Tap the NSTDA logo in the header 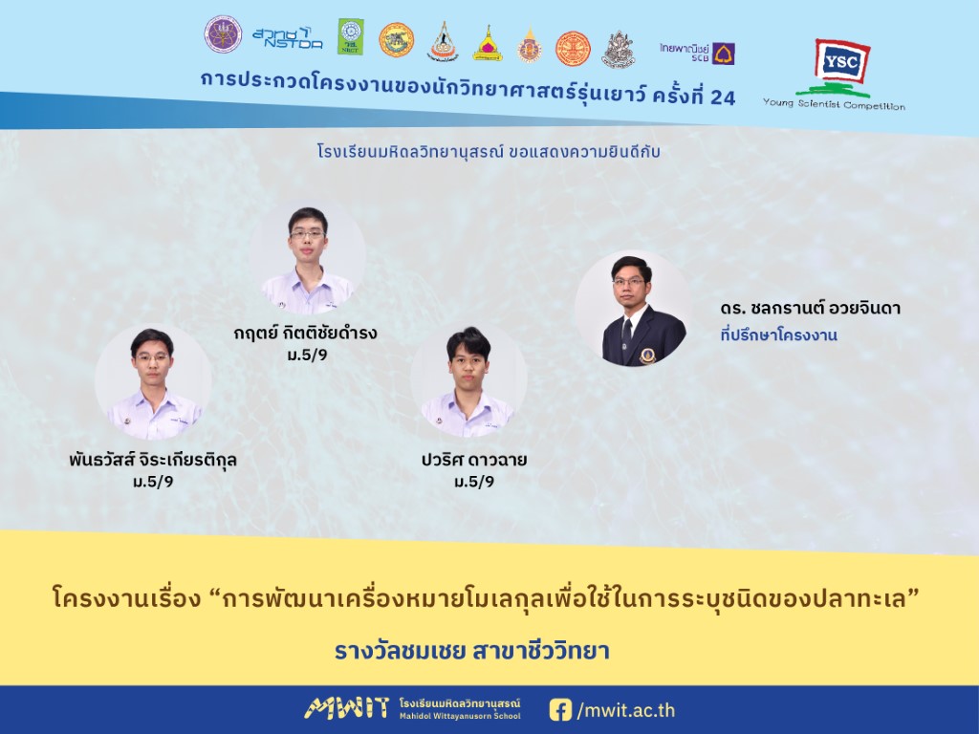288,38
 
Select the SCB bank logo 697,54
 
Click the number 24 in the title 723,97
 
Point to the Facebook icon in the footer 560,710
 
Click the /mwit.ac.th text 625,710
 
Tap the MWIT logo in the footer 346,708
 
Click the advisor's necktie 627,327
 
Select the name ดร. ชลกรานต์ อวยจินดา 810,308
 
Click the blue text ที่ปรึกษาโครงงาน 778,335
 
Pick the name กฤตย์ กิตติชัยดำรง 305,333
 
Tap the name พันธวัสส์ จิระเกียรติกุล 153,460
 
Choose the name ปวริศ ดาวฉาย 474,460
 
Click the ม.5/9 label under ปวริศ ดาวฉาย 474,482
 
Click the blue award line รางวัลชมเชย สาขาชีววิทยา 472,651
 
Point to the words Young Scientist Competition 834,104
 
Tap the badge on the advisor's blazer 647,356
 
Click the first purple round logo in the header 223,34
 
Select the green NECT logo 350,36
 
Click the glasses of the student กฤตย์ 308,234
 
